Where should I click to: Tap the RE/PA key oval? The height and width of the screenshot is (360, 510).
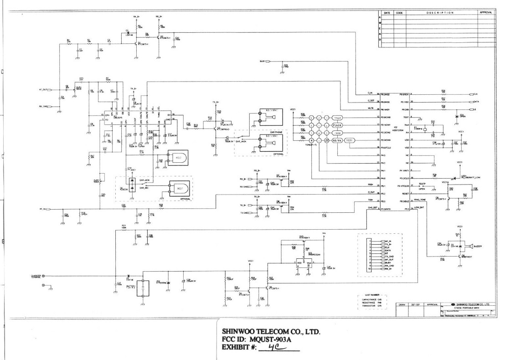[x=337, y=140]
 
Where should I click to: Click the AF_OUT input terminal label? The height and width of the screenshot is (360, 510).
[x=43, y=90]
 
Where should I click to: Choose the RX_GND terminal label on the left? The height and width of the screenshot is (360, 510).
[x=43, y=107]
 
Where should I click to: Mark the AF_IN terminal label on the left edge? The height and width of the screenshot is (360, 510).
[x=43, y=209]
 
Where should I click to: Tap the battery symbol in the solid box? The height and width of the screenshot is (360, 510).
[x=144, y=288]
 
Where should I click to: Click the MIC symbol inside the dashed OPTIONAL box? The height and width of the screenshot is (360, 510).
[x=178, y=188]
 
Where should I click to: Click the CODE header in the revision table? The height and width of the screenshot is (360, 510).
[x=399, y=13]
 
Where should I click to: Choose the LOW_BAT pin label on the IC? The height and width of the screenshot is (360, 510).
[x=419, y=207]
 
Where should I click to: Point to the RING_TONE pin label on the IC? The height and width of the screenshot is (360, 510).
[x=420, y=200]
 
